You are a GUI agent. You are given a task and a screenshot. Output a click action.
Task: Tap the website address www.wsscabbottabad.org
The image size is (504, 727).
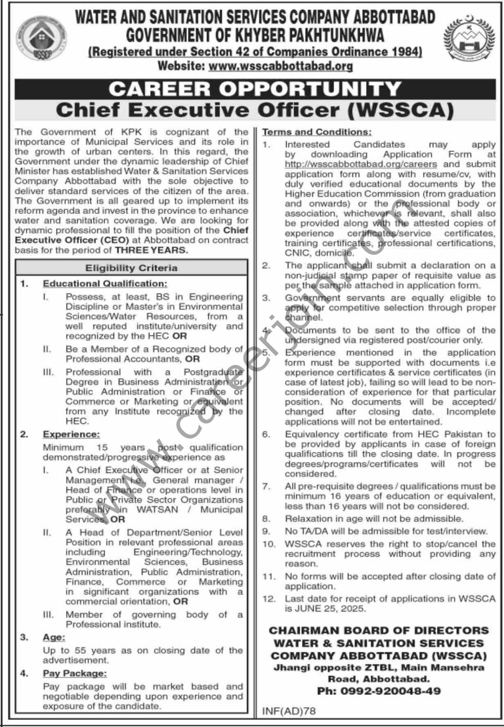(x=280, y=66)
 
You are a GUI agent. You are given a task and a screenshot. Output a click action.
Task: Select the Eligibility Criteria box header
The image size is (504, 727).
(x=131, y=268)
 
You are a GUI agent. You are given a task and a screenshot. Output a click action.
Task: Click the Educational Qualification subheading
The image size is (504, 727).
(x=105, y=283)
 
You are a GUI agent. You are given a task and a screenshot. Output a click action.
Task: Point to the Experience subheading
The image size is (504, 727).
(x=72, y=434)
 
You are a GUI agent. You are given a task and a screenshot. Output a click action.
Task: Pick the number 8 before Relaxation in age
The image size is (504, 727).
(x=266, y=518)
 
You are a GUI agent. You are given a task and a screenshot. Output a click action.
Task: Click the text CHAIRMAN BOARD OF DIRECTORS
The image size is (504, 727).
(x=379, y=631)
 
